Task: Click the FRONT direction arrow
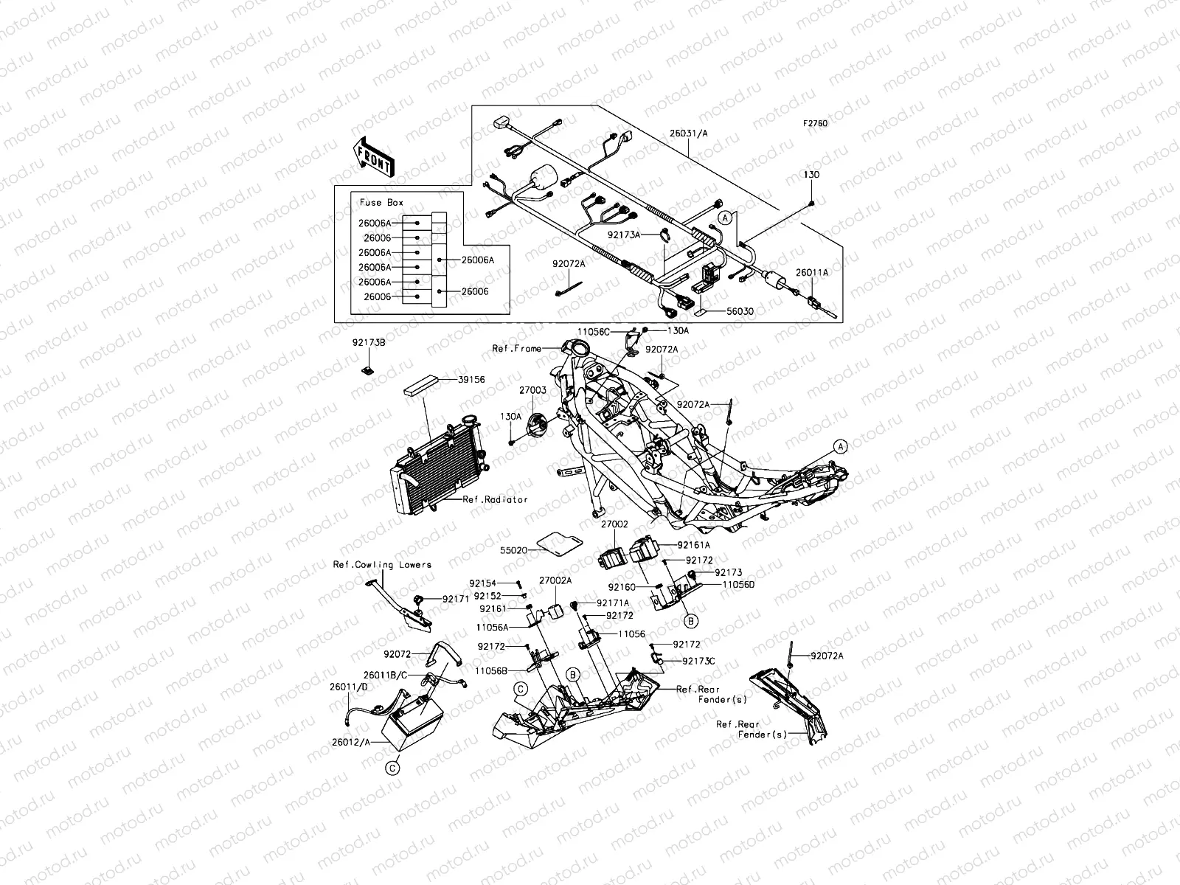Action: tap(375, 156)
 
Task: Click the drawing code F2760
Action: tap(815, 124)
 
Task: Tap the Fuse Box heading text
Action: tap(381, 203)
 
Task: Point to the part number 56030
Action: tap(739, 312)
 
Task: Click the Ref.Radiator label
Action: tap(495, 499)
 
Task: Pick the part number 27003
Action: tap(532, 391)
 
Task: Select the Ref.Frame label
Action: tap(517, 348)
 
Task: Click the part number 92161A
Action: tap(694, 545)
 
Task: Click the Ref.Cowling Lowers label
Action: tap(382, 565)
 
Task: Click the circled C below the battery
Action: tap(392, 768)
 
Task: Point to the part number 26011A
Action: tap(811, 272)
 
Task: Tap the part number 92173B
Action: tap(369, 343)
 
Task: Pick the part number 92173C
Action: tap(698, 662)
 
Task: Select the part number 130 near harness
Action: tap(811, 175)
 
